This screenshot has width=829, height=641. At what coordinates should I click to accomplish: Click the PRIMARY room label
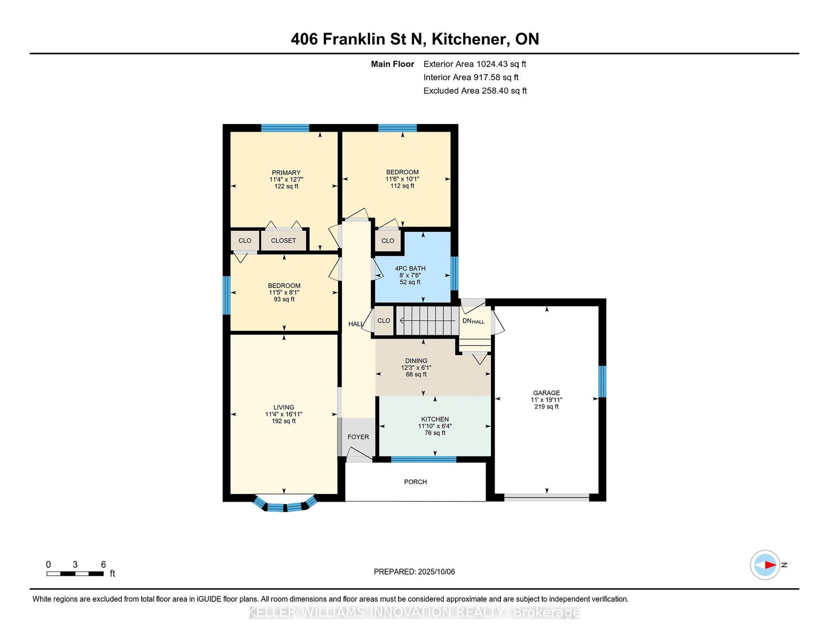(286, 173)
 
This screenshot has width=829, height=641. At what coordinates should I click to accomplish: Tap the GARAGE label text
(546, 393)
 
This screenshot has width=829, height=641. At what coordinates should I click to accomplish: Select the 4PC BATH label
(410, 269)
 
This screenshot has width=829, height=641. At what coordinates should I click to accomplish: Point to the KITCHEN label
(435, 419)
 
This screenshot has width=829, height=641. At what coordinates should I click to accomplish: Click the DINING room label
(416, 361)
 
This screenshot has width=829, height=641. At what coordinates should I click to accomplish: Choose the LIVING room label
(284, 407)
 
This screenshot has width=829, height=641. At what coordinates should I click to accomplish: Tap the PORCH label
(416, 482)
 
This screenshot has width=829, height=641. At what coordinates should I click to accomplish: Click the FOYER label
(358, 437)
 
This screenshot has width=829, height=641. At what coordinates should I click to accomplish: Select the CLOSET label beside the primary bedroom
(284, 240)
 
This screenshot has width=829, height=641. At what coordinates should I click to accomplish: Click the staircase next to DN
(426, 320)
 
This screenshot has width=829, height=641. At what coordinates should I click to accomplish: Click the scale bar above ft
(75, 574)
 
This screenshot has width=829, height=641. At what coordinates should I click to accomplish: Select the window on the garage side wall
(602, 382)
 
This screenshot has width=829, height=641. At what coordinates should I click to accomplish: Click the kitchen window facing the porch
(424, 459)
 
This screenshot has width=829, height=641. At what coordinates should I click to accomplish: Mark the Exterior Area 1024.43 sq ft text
(474, 64)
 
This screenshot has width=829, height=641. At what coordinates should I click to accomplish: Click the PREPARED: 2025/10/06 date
(414, 572)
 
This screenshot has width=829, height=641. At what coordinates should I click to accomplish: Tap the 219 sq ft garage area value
(546, 407)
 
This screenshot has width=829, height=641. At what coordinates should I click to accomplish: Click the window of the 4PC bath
(455, 273)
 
